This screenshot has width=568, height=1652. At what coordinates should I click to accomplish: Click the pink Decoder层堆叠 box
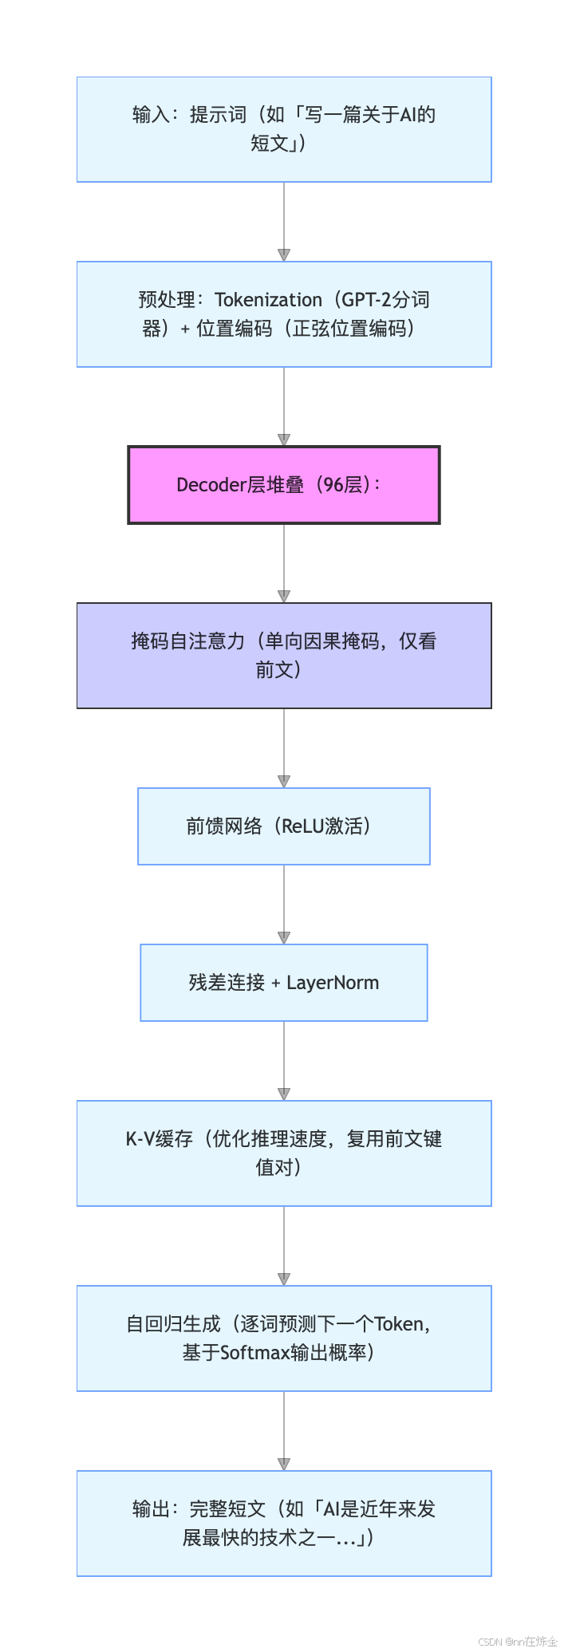point(284,485)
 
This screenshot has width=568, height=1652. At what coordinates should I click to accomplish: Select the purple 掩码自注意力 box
point(284,656)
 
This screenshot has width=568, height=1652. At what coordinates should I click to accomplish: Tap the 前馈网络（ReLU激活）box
point(284,826)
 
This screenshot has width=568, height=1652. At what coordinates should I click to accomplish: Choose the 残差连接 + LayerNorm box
point(284,983)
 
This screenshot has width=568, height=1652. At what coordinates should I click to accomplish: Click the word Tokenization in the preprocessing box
point(268,300)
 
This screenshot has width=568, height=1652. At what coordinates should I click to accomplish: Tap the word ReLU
point(305,826)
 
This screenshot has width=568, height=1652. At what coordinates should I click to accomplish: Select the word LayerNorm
point(333,983)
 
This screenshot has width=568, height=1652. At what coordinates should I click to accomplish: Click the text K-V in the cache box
point(140,1139)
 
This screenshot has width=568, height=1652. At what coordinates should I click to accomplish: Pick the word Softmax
point(254,1353)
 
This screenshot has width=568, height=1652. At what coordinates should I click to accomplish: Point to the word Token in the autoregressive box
point(399,1324)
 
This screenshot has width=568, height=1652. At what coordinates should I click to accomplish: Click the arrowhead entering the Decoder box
point(284,440)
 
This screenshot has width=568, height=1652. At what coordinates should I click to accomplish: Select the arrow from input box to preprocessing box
point(284,222)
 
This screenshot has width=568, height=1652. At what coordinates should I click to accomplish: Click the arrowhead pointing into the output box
point(284,1464)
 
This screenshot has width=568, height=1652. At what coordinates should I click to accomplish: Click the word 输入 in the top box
point(152,115)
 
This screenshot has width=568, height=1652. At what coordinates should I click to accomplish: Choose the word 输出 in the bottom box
point(152,1509)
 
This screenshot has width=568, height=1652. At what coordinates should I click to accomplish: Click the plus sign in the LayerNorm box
point(276,984)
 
